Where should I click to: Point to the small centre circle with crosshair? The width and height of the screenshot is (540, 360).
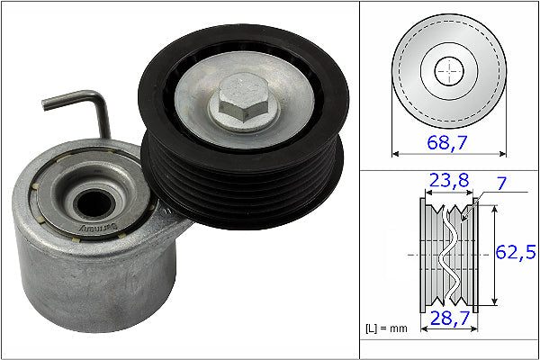tap(448, 72)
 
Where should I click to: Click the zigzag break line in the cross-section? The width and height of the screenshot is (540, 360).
tap(447, 256)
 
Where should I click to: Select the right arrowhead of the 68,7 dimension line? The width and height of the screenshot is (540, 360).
tap(502, 155)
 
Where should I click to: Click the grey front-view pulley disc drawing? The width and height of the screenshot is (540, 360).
tap(423, 54)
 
